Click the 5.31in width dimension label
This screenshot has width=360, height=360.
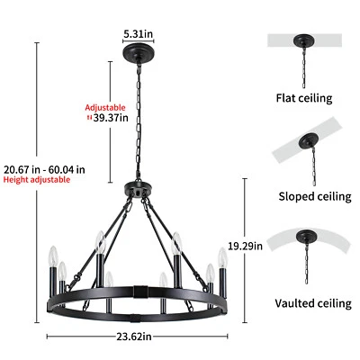tap(138, 34)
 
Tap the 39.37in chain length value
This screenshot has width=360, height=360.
tap(106, 116)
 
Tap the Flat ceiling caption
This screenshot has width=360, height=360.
tap(303, 98)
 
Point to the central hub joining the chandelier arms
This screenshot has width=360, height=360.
tap(138, 191)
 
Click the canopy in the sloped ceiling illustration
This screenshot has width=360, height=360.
tap(306, 141)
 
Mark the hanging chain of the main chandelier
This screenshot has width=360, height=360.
tap(138, 126)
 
